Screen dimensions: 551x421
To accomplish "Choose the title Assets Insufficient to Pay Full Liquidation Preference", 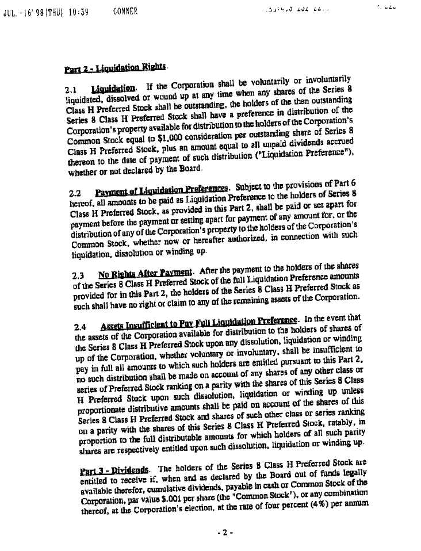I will pos(199,321).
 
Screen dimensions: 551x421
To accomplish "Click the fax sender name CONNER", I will pos(125,10).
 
